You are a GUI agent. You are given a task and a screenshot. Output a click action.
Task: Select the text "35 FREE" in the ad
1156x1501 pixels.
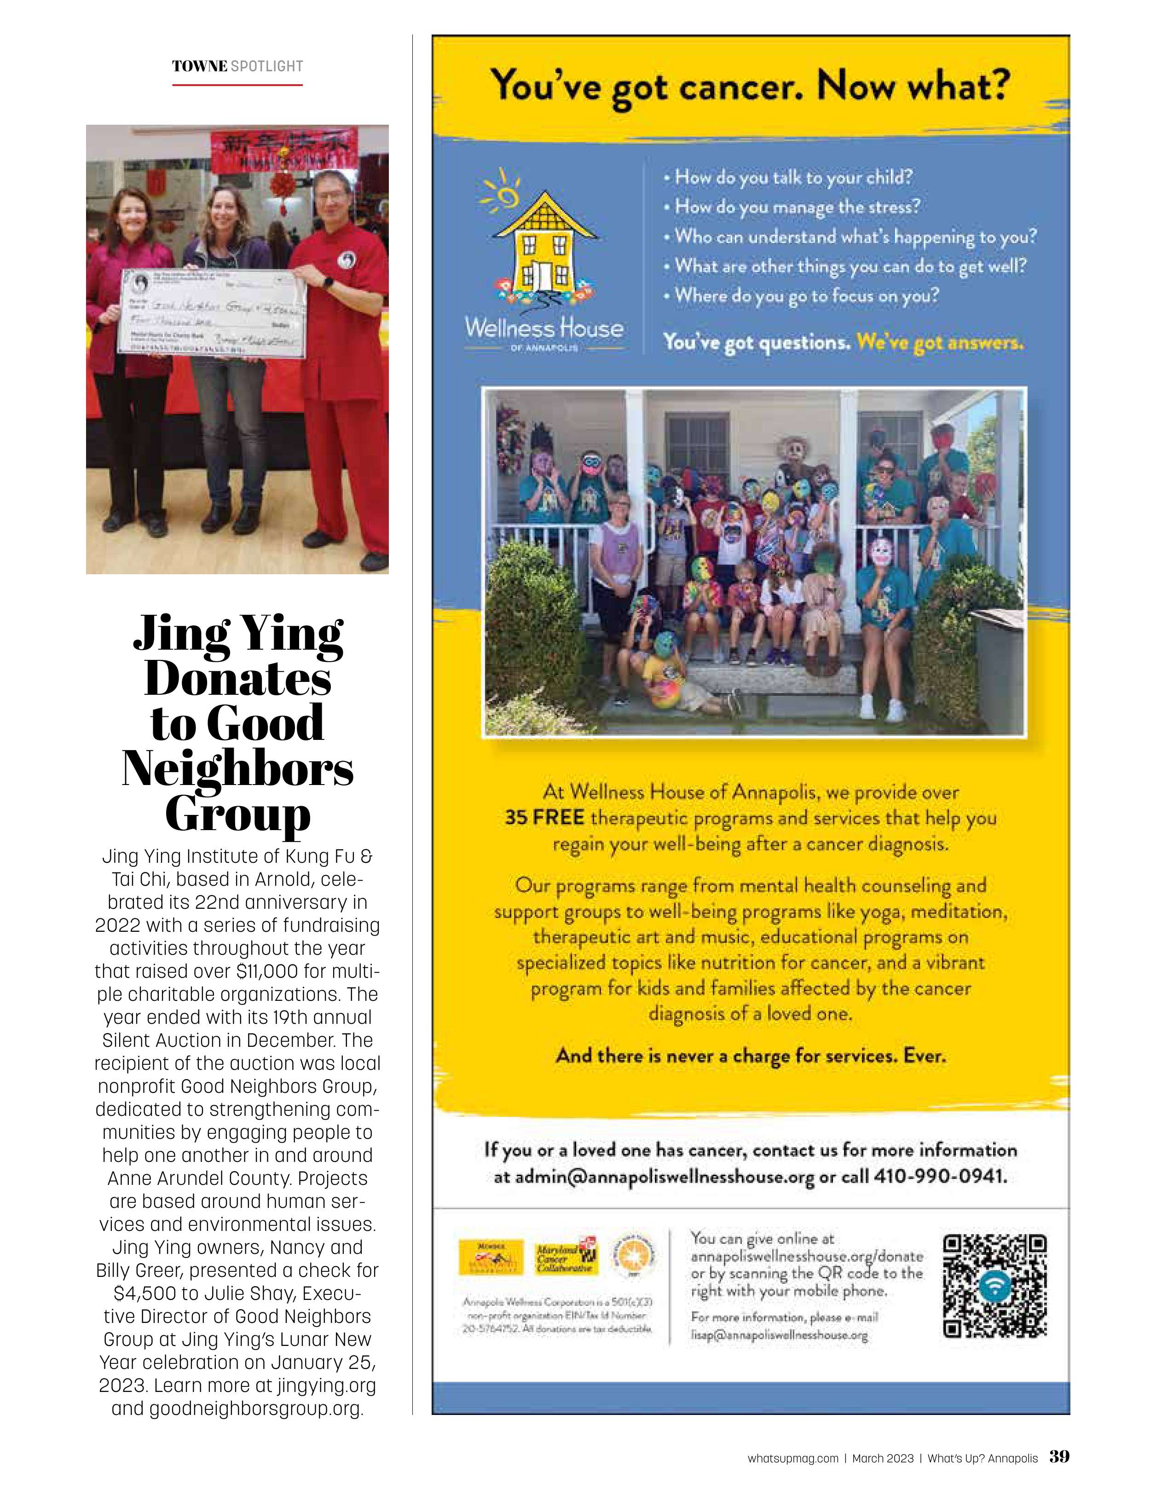(544, 818)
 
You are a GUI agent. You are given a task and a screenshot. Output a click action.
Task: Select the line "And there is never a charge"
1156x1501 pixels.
(751, 1056)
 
